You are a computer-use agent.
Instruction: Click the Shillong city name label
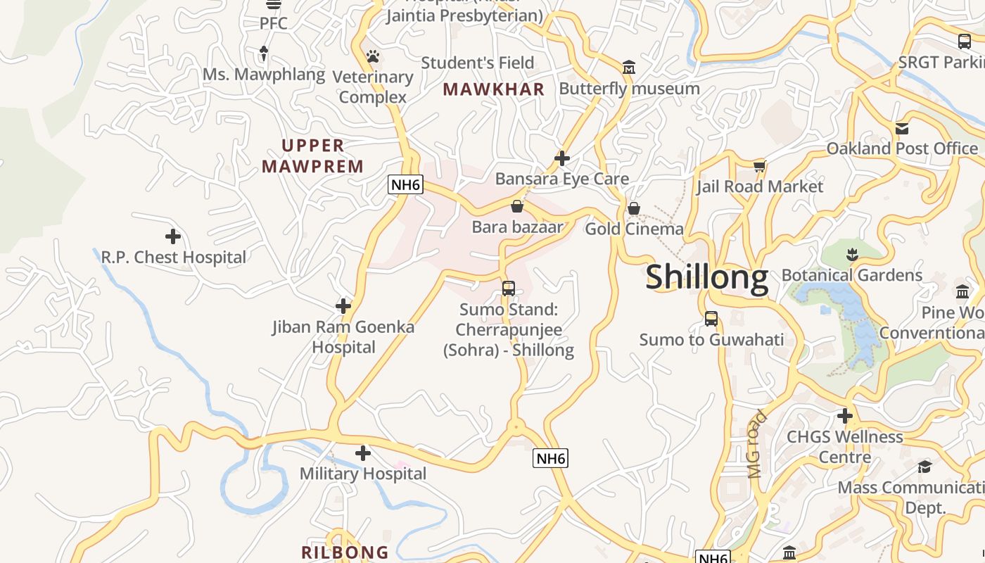706,277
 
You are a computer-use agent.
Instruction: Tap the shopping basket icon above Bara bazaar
517,206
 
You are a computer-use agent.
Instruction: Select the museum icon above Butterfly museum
629,68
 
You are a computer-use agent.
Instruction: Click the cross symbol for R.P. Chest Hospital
173,236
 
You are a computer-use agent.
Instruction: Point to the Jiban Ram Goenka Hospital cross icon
343,306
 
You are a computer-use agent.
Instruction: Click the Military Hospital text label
363,474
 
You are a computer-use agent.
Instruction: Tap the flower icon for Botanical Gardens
852,254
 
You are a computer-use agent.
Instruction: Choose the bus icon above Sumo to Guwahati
711,319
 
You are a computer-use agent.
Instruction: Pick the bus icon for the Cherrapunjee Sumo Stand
508,289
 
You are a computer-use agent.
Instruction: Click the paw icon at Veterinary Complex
373,56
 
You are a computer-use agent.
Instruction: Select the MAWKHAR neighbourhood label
494,89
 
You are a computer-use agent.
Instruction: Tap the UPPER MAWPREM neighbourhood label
313,156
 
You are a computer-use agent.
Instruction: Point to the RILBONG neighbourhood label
345,552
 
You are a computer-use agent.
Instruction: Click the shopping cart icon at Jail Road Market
759,167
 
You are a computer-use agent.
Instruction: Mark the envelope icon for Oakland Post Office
902,129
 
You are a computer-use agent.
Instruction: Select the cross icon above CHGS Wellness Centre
845,416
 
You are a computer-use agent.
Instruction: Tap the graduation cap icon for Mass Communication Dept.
924,467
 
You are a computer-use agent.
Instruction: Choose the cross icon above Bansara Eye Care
561,158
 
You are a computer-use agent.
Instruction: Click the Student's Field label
478,63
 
